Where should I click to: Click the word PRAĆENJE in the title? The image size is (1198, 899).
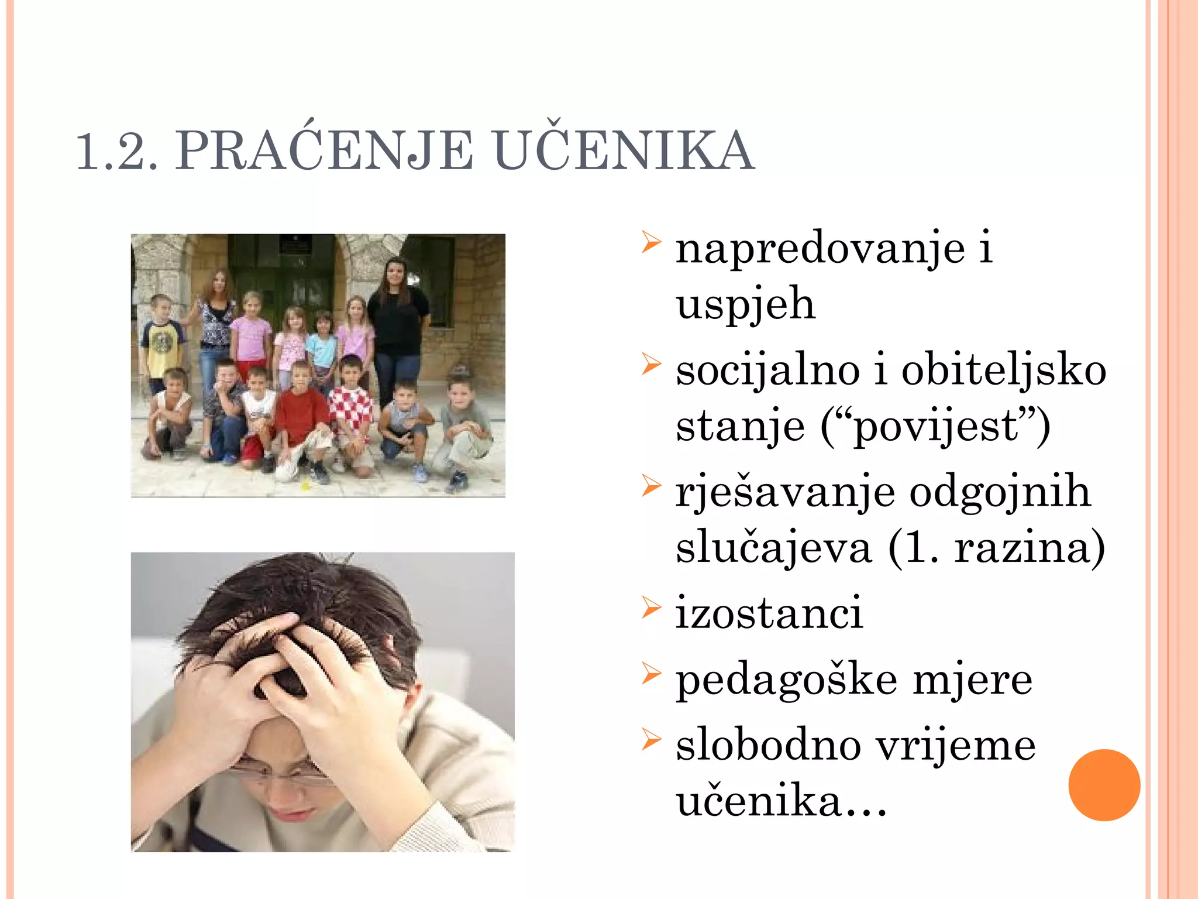click(x=325, y=151)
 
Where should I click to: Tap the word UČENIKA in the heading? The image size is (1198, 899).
click(x=624, y=151)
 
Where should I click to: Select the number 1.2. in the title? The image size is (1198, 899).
click(x=117, y=152)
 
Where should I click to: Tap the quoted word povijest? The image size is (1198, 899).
click(x=935, y=427)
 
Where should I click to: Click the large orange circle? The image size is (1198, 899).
click(x=1104, y=785)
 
